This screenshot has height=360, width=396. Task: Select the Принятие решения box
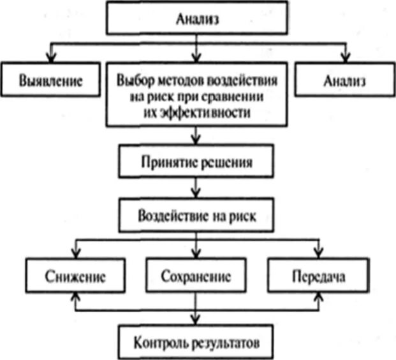pos(196,162)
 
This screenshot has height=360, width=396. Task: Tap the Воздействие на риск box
pos(196,215)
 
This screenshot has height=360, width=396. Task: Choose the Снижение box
pos(75,277)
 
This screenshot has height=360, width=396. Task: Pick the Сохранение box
pos(196,277)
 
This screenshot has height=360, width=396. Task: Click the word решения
pos(231,162)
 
